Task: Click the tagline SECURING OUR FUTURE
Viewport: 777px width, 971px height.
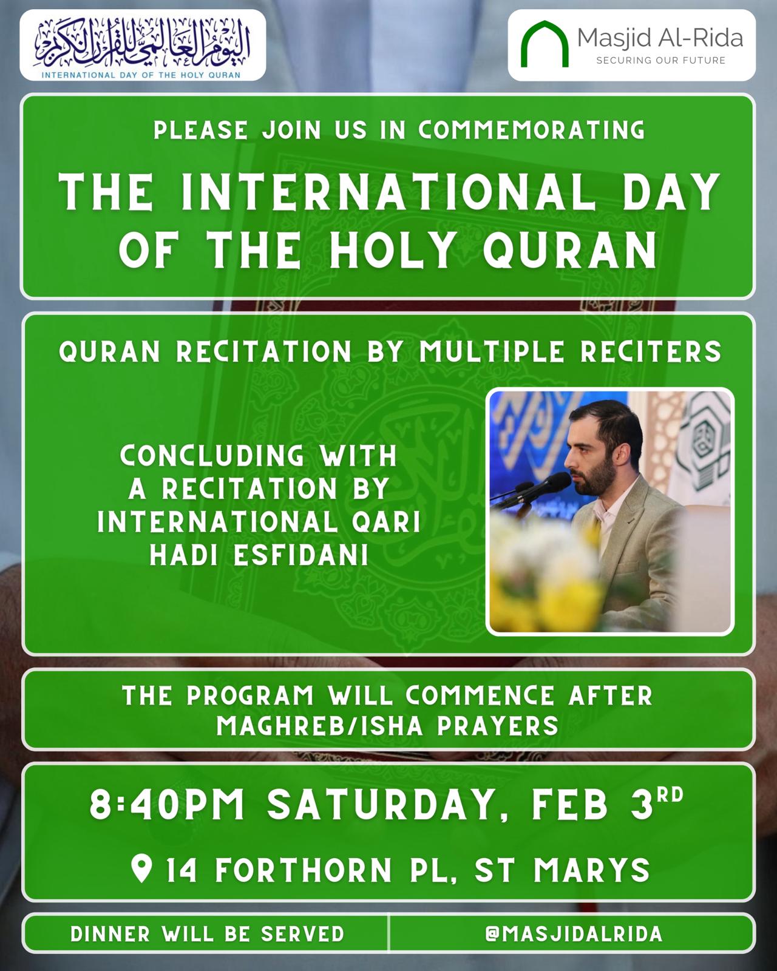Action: (x=660, y=61)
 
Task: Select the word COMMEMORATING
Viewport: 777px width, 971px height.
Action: (x=531, y=130)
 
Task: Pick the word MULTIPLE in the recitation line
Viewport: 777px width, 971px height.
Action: (x=492, y=351)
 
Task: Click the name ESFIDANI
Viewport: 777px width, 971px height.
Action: (x=300, y=555)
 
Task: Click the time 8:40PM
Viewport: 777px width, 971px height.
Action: (x=167, y=804)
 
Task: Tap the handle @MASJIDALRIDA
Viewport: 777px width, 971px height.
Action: (x=574, y=933)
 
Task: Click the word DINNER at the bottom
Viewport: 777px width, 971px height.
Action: (x=110, y=934)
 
